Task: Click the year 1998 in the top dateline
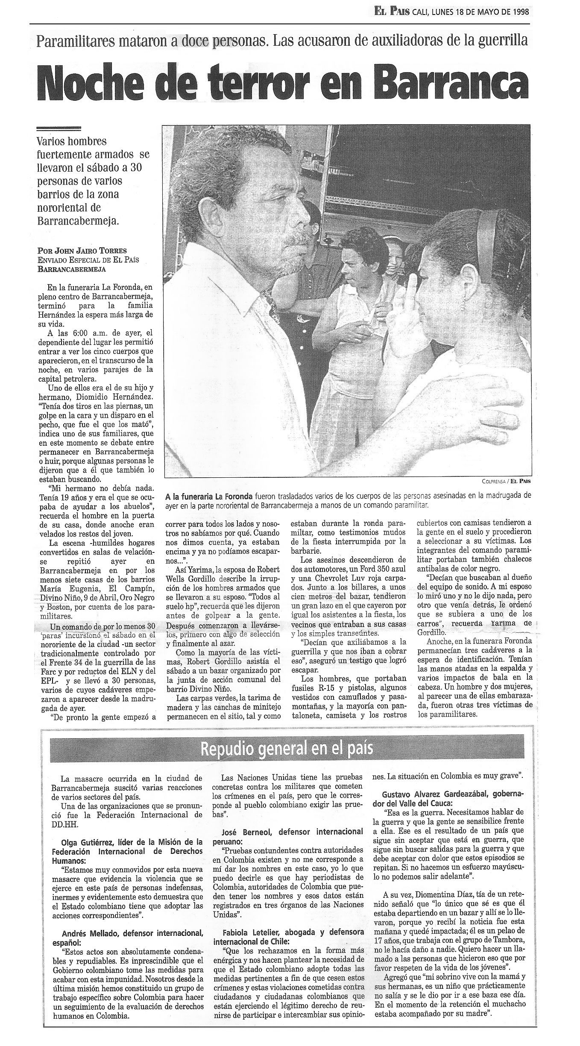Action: [x=518, y=12]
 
